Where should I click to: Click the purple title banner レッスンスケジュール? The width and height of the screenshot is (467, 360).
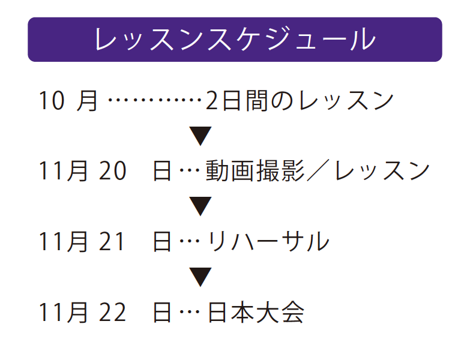tap(235, 40)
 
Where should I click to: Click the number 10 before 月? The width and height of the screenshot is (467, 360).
tap(52, 101)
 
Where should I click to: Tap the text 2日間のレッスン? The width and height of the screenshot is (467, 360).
tap(300, 101)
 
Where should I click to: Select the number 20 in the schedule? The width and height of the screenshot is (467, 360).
tap(112, 170)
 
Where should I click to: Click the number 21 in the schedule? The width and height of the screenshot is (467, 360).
tap(111, 241)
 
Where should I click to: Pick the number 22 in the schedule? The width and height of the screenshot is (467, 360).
tap(112, 313)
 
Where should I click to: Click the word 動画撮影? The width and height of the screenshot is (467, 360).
tap(255, 170)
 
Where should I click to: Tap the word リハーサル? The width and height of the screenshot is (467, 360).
tap(268, 241)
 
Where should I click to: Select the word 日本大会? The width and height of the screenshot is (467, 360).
tap(256, 313)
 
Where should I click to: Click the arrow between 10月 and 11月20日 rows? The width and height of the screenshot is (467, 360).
tap(200, 136)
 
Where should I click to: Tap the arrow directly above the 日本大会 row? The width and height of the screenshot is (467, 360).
tap(200, 277)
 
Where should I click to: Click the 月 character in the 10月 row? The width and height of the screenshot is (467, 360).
tap(87, 101)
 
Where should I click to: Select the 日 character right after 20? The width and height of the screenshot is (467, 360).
tap(162, 170)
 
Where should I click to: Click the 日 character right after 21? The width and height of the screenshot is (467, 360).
tap(162, 241)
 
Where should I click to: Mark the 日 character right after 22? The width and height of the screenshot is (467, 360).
tap(162, 313)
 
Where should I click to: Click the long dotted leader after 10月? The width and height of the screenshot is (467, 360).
tap(155, 100)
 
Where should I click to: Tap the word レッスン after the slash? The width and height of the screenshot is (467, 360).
tap(382, 170)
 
